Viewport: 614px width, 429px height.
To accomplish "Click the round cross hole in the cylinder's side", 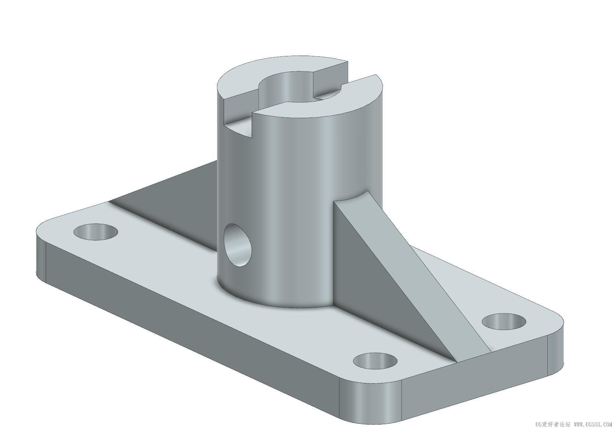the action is [238, 245].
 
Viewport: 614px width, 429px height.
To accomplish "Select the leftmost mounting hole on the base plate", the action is [96, 232].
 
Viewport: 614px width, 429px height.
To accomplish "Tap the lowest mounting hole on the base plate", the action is [375, 361].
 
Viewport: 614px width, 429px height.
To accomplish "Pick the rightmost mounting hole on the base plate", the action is [504, 321].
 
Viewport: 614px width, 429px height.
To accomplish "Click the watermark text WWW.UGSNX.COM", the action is [593, 424].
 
